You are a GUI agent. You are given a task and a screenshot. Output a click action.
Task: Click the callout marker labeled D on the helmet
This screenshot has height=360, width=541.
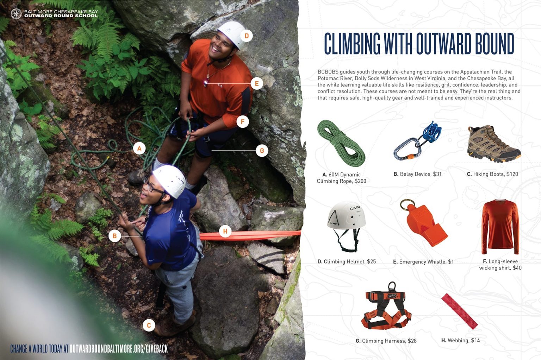coord(247,36)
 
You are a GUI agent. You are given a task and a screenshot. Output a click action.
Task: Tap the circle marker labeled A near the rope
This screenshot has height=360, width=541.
coord(139,149)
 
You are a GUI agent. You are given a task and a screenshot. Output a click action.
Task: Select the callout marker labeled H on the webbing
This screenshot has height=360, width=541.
coord(225,231)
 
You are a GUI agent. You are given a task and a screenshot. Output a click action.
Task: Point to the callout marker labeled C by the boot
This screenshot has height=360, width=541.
coord(149,325)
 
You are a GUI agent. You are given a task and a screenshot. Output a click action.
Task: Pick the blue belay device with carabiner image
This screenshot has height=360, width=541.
coord(418,140)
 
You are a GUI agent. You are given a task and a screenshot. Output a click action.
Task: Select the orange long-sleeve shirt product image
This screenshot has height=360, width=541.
coord(500,227)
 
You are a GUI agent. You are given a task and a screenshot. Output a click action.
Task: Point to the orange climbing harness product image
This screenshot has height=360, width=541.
coord(386,306)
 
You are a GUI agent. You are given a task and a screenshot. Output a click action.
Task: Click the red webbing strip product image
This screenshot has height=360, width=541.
coord(459,311)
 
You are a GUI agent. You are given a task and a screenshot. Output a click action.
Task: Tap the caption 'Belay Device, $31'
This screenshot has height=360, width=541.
coord(417,174)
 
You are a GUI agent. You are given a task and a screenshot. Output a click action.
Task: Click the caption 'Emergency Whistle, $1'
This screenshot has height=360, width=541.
coord(423,261)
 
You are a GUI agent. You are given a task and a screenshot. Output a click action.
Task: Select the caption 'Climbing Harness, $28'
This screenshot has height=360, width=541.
coord(386,341)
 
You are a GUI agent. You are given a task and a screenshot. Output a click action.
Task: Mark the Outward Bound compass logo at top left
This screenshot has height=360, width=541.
coord(16,14)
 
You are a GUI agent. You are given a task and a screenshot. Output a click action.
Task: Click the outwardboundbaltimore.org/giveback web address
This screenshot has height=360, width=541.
coord(118,349)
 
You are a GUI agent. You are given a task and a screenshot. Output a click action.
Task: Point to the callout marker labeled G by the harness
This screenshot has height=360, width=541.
coord(262,151)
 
